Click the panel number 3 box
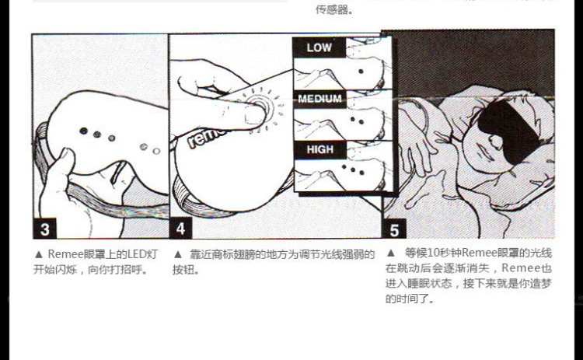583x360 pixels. click(44, 229)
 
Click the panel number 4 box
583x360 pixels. click(180, 229)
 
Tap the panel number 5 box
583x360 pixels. click(394, 229)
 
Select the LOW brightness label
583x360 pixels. click(319, 47)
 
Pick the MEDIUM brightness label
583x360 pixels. click(319, 99)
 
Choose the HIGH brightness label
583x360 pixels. click(320, 149)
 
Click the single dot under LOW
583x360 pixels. click(361, 72)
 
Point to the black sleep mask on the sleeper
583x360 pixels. click(509, 131)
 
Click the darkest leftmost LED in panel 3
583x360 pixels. click(84, 131)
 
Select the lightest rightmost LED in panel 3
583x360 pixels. click(156, 151)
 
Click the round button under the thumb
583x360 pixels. click(260, 106)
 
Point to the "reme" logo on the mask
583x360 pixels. click(205, 138)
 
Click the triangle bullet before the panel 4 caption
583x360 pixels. click(178, 255)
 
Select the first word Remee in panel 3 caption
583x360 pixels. click(65, 255)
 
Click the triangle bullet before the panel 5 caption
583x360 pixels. click(391, 253)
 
